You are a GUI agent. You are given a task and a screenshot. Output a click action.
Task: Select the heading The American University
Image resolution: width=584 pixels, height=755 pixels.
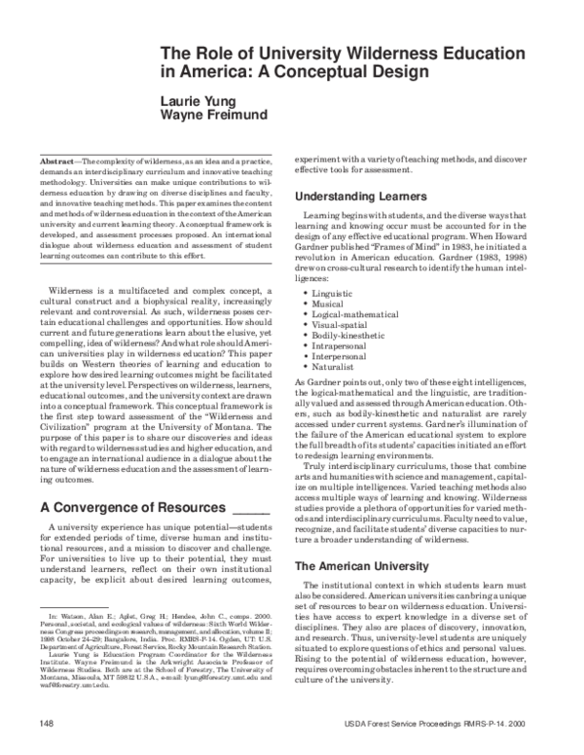360,564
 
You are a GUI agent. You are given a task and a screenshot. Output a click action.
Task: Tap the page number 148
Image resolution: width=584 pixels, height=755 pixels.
47,724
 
